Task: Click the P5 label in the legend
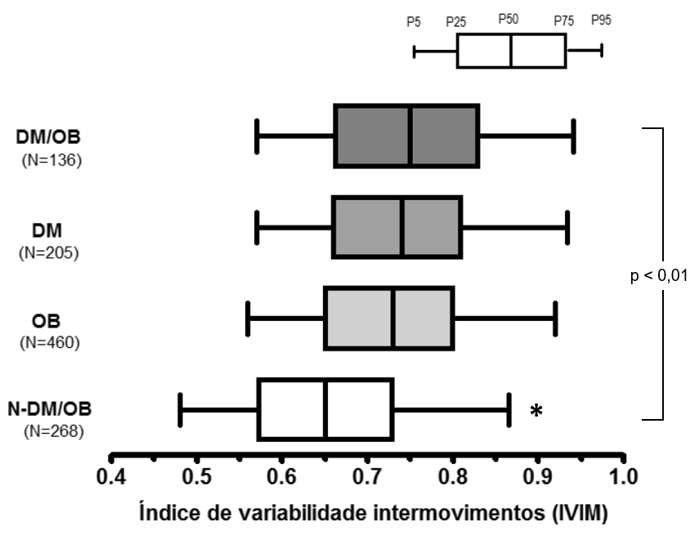point(414,22)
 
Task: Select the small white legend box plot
point(511,51)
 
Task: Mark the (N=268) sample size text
point(50,432)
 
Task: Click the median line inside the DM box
point(402,227)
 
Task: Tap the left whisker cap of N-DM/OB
point(180,409)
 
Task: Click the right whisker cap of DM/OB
point(573,136)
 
